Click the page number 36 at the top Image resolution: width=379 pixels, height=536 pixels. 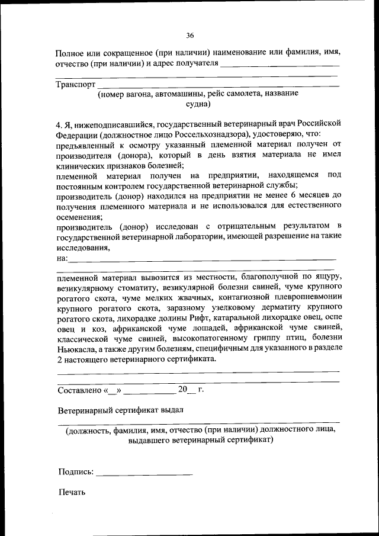tap(189, 35)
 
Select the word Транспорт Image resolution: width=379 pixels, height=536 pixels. tap(76, 84)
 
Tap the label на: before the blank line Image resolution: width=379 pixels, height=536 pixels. tap(62, 258)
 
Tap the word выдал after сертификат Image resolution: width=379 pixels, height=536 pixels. tap(172, 409)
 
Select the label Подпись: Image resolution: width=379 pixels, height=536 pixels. tap(76, 471)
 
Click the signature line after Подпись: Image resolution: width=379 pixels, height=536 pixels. tap(144, 473)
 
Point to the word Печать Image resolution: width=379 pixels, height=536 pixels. tap(72, 492)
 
